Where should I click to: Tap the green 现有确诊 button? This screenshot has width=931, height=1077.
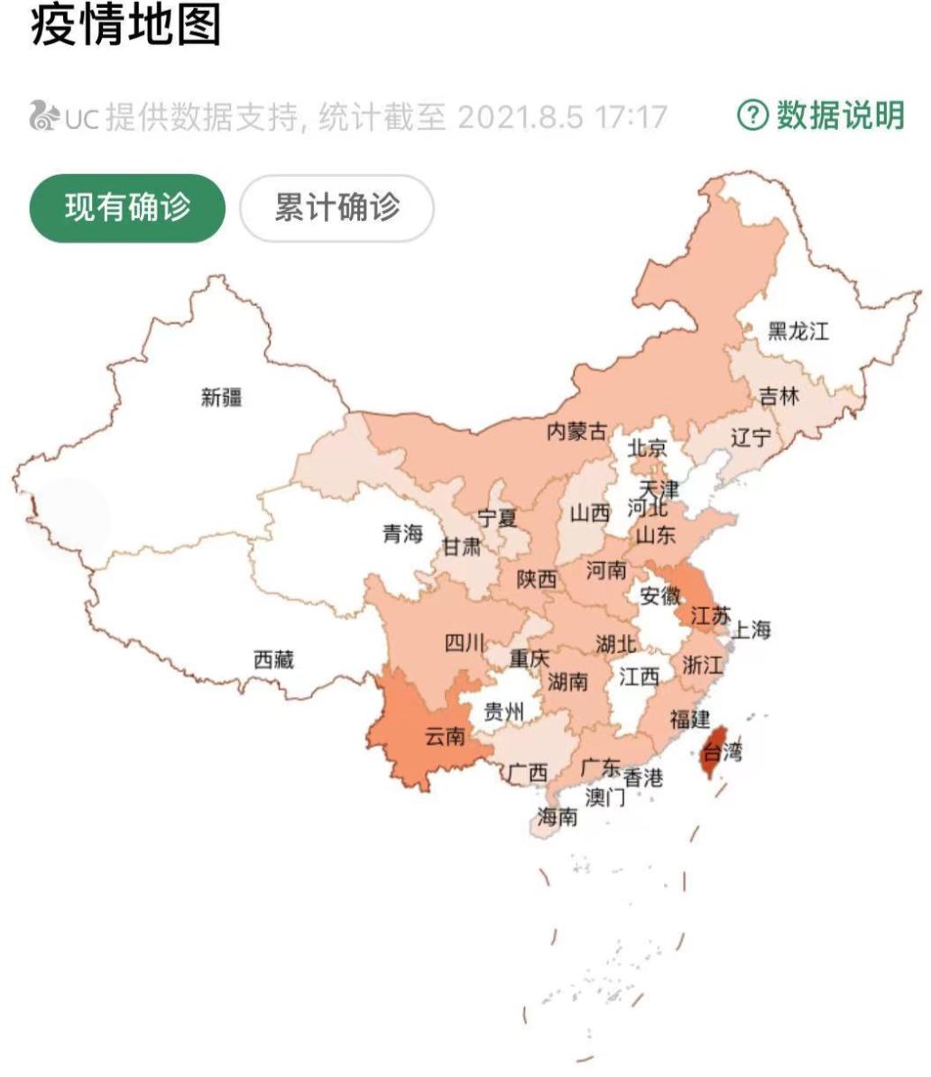(x=127, y=208)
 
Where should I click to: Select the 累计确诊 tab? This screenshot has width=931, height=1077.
(x=336, y=208)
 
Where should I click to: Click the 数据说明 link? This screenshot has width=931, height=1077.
(x=839, y=115)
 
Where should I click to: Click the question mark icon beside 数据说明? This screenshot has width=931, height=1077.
(x=753, y=115)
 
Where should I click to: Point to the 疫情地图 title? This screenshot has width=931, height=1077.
(x=126, y=24)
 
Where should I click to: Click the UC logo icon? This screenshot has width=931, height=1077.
(x=44, y=116)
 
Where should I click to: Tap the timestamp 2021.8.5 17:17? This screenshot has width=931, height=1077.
(x=561, y=117)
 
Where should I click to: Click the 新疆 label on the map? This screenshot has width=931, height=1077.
(x=221, y=397)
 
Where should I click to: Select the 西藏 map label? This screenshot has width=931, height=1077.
(x=273, y=659)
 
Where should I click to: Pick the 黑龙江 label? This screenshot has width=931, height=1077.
(x=797, y=330)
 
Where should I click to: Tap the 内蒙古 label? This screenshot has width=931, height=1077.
(x=577, y=431)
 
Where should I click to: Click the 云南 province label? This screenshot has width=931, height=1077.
(x=445, y=736)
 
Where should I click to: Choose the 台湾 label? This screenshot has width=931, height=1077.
(x=722, y=751)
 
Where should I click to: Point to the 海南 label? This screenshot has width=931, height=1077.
(x=557, y=817)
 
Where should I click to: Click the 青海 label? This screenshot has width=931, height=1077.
(x=402, y=534)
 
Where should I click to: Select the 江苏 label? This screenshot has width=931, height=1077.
(x=709, y=616)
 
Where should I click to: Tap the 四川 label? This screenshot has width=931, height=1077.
(x=465, y=643)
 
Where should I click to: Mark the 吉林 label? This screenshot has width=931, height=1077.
(x=779, y=395)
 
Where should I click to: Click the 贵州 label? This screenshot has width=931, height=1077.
(x=503, y=713)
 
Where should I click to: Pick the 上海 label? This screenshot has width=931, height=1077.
(x=751, y=630)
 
